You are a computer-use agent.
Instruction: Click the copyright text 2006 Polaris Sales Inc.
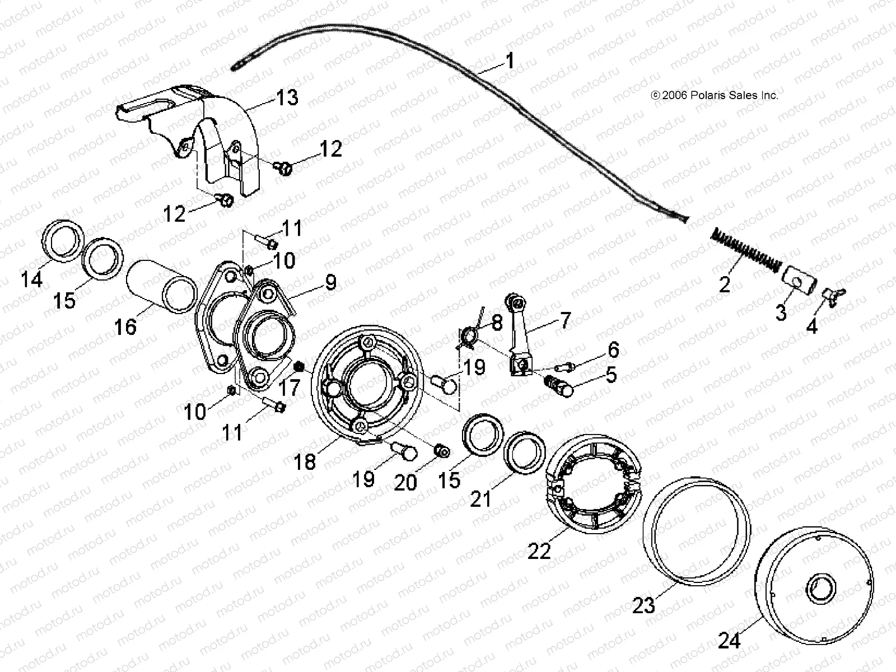point(715,96)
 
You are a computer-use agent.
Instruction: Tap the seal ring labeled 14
point(64,241)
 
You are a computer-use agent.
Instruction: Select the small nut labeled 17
point(299,367)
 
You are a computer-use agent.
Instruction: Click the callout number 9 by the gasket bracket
point(331,283)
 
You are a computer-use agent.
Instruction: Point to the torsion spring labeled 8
point(470,335)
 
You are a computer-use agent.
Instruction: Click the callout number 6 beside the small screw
point(613,350)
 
